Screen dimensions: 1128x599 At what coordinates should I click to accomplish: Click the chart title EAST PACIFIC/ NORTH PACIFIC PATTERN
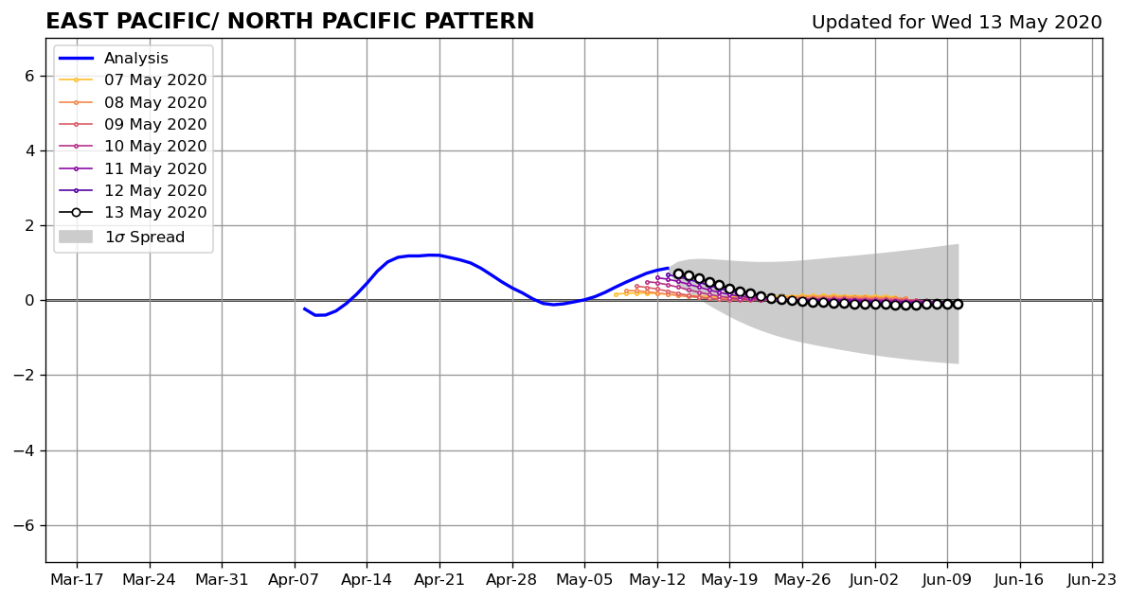290,21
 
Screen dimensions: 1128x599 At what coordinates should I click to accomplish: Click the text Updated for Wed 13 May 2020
957,23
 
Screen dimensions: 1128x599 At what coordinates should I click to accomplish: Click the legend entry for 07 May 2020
133,79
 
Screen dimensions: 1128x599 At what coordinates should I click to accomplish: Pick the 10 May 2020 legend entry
133,146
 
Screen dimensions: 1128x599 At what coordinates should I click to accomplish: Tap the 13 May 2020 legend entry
133,212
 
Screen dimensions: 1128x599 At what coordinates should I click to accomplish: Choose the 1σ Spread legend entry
121,237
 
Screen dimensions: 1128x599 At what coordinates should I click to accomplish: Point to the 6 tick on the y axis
28,77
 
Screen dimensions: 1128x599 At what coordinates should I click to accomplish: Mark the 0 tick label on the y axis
28,301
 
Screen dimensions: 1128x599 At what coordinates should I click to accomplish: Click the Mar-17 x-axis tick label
77,579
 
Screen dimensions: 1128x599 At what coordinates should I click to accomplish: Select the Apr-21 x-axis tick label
439,579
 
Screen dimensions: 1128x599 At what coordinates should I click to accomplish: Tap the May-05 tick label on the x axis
585,579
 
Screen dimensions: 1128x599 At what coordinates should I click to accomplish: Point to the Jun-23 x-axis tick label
1092,579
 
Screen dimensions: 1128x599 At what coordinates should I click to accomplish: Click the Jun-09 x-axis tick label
947,579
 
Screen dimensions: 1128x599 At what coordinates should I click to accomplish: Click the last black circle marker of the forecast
958,304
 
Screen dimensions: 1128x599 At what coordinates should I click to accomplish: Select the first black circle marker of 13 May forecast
678,274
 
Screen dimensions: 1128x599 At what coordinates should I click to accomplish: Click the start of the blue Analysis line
304,308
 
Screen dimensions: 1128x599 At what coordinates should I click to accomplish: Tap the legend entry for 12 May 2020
133,190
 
